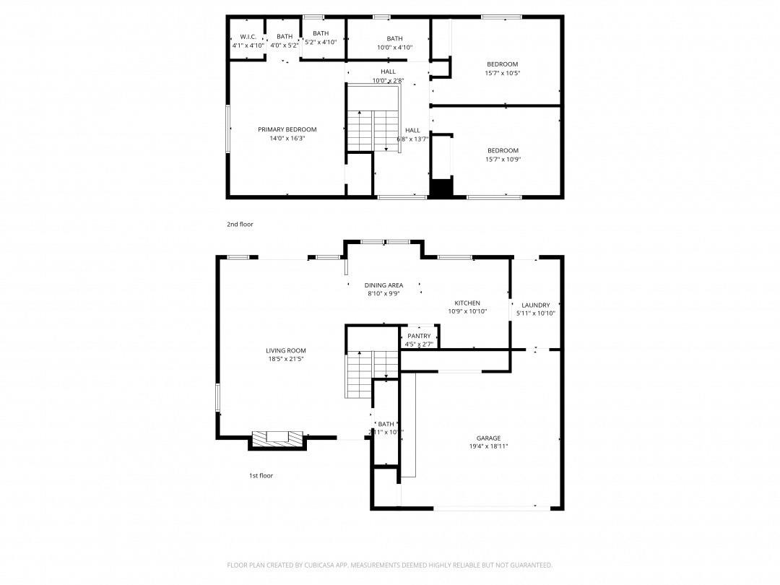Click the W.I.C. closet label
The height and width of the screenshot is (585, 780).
click(248, 36)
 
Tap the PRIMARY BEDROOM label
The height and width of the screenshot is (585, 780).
click(287, 130)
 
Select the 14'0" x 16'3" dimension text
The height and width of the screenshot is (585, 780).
click(287, 139)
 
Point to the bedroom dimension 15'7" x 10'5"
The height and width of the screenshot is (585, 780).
click(502, 73)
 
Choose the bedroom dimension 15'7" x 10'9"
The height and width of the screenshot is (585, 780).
click(502, 160)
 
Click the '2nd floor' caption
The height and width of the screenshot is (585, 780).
click(240, 225)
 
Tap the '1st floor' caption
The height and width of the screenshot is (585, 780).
click(261, 476)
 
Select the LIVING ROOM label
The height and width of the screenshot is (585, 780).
click(286, 351)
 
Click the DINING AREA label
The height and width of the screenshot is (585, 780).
click(383, 285)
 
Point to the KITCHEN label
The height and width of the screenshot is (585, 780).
click(467, 303)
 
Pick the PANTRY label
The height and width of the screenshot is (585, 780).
click(419, 336)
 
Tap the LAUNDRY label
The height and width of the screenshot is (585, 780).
click(536, 305)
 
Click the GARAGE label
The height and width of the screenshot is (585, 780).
click(488, 438)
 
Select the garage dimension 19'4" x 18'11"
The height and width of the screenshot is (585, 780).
click(488, 447)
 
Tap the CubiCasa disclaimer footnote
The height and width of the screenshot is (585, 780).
click(390, 565)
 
